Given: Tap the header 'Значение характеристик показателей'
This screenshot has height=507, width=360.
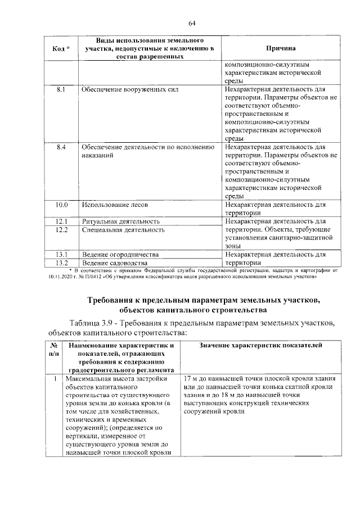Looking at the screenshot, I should point(260,344).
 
